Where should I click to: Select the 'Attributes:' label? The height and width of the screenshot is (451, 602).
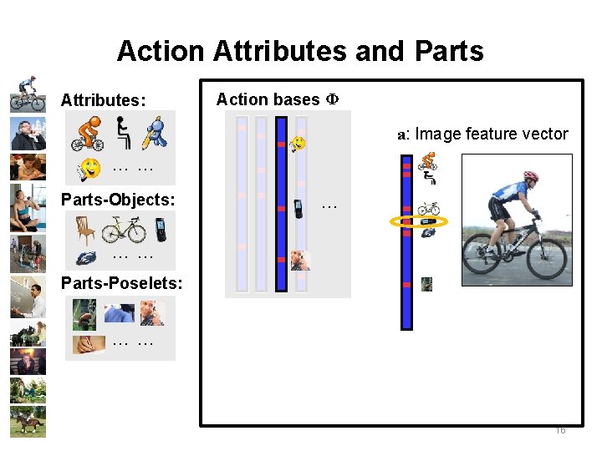tap(103, 100)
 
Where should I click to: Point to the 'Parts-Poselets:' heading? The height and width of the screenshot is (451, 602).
tap(121, 283)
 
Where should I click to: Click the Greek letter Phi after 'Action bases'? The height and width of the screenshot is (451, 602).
tap(331, 99)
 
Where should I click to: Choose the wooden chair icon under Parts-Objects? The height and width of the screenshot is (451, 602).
tap(85, 229)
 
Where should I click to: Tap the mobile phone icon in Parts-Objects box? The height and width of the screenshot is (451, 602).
tap(161, 229)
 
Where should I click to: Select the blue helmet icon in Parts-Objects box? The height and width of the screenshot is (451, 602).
tap(86, 258)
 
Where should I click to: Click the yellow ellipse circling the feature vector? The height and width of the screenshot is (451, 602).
tap(419, 221)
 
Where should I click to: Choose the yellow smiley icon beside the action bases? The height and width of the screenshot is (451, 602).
tap(298, 144)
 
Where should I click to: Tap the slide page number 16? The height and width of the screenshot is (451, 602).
tap(560, 430)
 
